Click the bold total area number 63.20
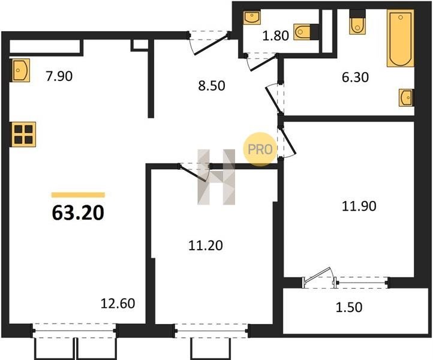78,213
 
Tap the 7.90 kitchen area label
59,76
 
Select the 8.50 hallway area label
212,86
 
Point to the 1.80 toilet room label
275,35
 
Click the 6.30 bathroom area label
355,77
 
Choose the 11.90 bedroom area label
359,206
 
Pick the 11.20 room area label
206,245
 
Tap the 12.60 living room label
118,304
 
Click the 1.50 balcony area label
349,307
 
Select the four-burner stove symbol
24,134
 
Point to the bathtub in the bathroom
401,38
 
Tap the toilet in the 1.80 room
302,32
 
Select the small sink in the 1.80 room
252,17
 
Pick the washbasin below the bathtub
406,98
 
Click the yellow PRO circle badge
260,149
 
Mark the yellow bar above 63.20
78,195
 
